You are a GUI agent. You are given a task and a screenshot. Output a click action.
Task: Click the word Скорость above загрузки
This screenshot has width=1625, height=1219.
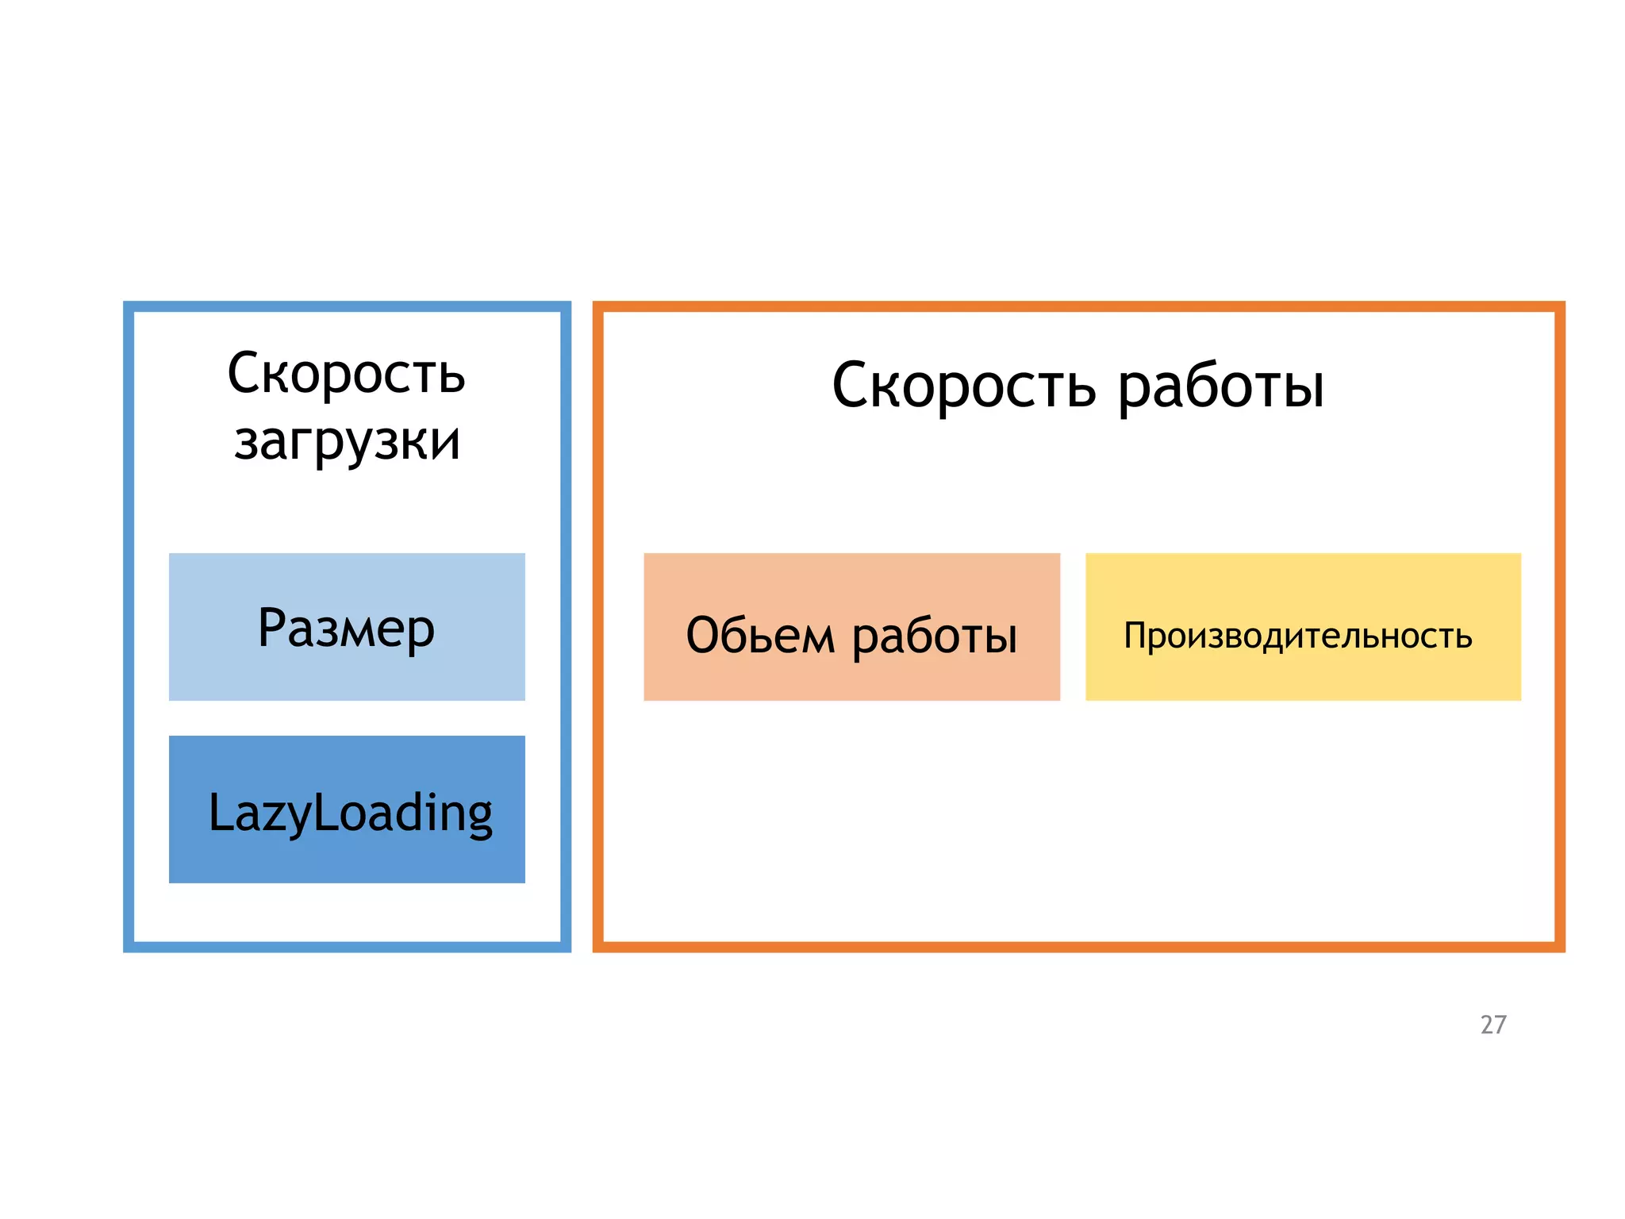[x=346, y=373]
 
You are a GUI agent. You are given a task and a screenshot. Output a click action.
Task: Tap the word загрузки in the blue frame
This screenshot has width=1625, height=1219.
[x=347, y=441]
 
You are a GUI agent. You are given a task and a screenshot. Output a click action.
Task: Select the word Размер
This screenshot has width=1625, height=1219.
[x=346, y=628]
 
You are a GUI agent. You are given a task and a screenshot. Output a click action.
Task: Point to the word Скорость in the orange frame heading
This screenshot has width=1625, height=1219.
[x=963, y=386]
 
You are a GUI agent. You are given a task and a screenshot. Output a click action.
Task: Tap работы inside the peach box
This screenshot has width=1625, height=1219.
[x=934, y=636]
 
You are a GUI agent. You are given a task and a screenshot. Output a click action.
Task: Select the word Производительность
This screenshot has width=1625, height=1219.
[x=1297, y=636]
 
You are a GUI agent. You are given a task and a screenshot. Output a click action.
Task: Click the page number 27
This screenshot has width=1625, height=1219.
[x=1492, y=1025]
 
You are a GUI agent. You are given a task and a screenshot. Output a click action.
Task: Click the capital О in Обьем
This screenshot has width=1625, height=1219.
[x=703, y=635]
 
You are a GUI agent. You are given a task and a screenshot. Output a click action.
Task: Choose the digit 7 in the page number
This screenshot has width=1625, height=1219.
[x=1500, y=1025]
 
